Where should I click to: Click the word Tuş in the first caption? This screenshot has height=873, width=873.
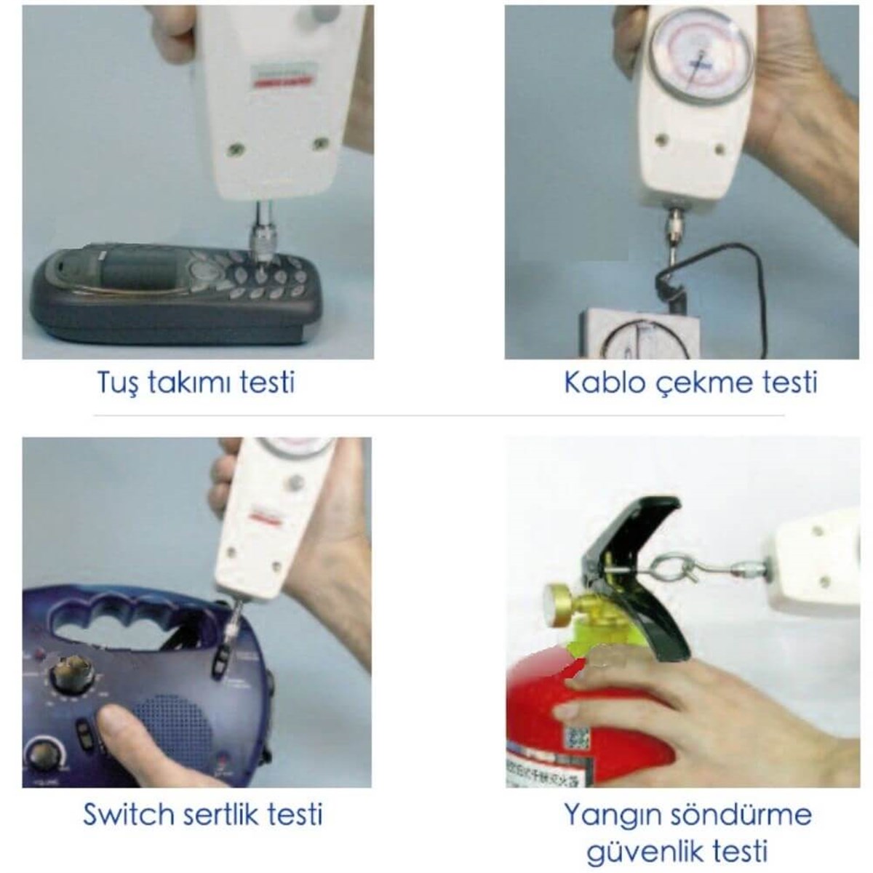point(117,382)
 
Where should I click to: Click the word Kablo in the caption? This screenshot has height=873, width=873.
point(593,382)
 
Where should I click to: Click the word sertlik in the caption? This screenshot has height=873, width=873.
point(237,813)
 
